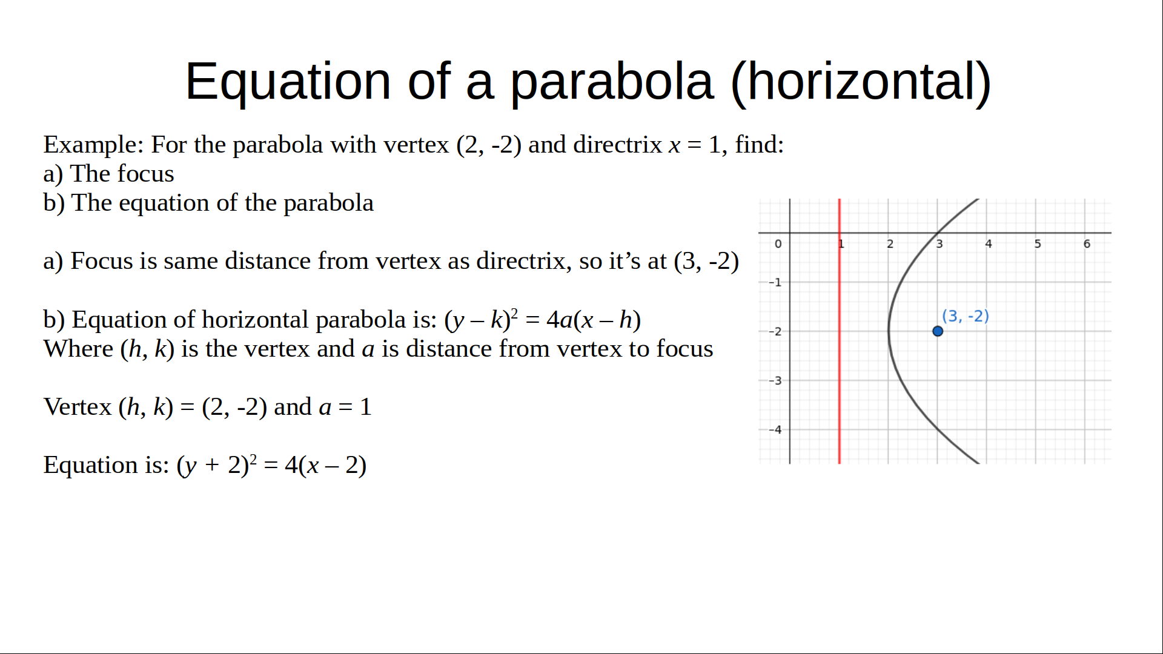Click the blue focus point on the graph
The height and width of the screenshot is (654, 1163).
point(938,331)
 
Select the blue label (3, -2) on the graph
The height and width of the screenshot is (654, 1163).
point(966,316)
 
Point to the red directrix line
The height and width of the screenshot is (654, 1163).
point(840,331)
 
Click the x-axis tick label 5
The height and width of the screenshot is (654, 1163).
point(1038,244)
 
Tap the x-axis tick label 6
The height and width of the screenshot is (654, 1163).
point(1087,244)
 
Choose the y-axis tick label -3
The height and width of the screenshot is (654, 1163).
point(775,381)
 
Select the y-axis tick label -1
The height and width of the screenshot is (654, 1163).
point(775,282)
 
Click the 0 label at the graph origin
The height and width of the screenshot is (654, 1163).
point(778,244)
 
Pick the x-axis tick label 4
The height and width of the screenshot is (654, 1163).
point(989,244)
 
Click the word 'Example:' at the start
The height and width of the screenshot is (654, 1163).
point(94,145)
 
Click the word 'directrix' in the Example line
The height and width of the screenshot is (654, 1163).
point(617,145)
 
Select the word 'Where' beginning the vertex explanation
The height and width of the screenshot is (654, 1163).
point(79,349)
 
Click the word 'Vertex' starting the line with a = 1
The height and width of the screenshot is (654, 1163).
point(78,407)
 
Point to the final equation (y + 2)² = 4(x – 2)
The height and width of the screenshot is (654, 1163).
point(271,465)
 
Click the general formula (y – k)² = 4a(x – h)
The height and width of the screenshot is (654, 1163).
point(543,320)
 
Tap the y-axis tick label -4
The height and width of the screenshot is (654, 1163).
point(775,430)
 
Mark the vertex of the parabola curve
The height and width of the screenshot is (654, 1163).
point(889,331)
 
